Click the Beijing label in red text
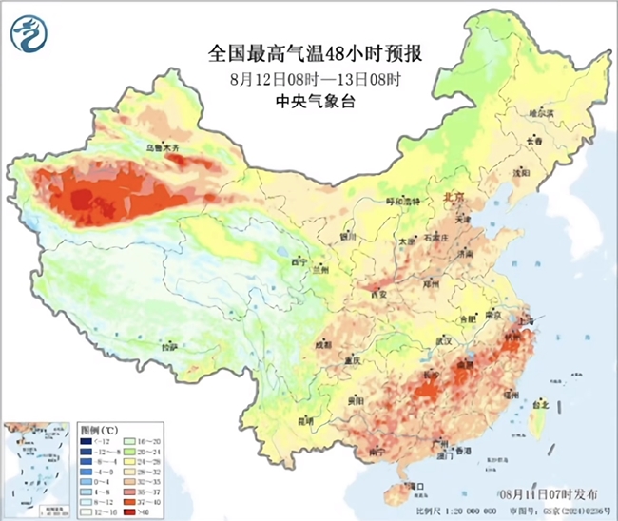454,196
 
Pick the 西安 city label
378,294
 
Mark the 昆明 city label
305,419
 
